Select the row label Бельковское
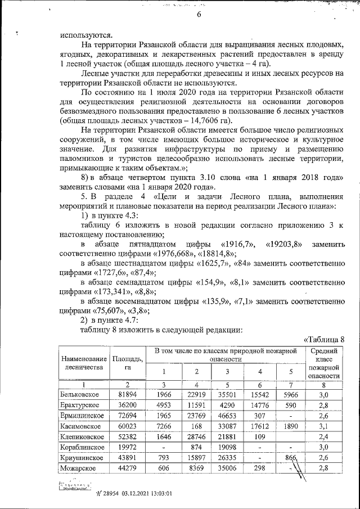click(79, 395)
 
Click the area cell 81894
click(128, 395)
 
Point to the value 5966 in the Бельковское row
click(290, 395)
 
